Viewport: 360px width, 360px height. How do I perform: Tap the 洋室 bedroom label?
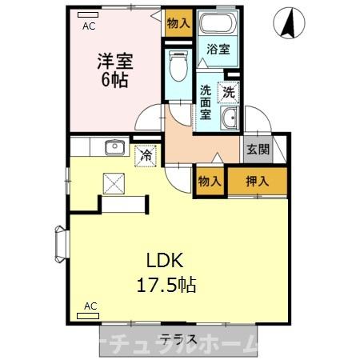click(x=114, y=61)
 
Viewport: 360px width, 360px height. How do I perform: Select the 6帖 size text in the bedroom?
click(x=114, y=81)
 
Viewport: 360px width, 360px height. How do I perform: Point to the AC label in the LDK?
click(x=90, y=306)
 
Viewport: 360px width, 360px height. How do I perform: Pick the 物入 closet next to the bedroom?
click(x=178, y=23)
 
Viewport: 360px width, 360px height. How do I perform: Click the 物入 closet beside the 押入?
click(x=210, y=182)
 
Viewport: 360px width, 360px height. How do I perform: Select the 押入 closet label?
click(x=257, y=182)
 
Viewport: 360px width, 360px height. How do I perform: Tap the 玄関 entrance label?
click(x=257, y=149)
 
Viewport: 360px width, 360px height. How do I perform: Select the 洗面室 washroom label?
click(x=206, y=102)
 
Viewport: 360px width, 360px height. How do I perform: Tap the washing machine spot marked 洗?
click(x=229, y=93)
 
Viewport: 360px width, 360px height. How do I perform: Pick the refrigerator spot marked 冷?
click(x=146, y=154)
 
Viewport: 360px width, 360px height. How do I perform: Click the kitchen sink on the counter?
click(x=114, y=146)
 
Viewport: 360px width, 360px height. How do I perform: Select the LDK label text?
click(x=165, y=260)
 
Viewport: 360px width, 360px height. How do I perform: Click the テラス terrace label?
click(x=178, y=338)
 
